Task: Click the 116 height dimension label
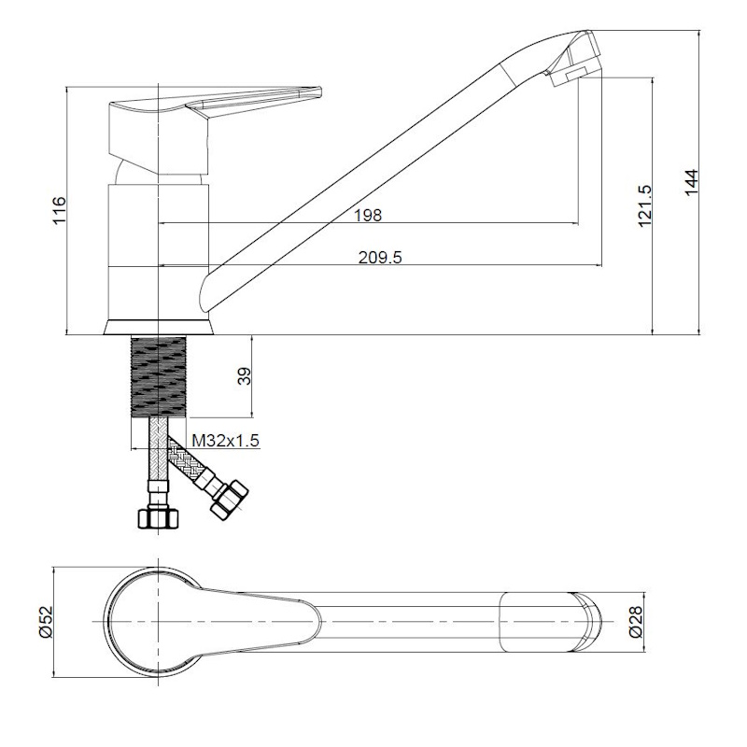59,209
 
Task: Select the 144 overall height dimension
691,181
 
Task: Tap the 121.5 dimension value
644,205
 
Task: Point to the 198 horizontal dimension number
368,216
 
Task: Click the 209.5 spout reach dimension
380,258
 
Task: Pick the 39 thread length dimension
244,376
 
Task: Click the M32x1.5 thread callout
225,441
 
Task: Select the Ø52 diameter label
48,622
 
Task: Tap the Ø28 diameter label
637,622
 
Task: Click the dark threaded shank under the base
158,376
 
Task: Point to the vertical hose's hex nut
158,518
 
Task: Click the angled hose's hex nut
230,500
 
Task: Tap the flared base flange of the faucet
158,327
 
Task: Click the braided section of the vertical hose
158,449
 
